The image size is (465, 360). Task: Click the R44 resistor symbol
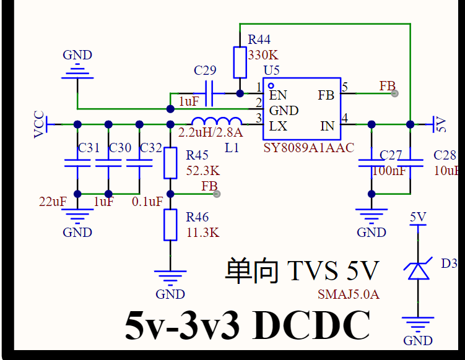coord(240,62)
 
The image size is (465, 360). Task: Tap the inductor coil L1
coord(217,121)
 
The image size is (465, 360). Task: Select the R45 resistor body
coord(170,163)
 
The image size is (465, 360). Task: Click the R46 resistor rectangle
coord(170,225)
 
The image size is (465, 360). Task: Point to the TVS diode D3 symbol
coord(418,269)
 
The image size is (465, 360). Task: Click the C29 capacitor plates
coord(209,93)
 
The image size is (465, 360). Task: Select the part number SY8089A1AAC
coord(309,148)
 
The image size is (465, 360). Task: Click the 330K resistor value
coord(263,55)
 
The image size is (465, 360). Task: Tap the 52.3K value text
coord(203,171)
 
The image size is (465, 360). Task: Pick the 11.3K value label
coord(203,233)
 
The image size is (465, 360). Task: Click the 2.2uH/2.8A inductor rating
coord(211,132)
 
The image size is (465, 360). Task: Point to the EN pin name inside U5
coord(278,95)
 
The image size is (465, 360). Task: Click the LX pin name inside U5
coord(278,126)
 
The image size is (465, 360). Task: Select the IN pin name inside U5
coord(328,126)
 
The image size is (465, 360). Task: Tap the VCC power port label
coord(39,124)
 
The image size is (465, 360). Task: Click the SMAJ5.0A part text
coord(349,294)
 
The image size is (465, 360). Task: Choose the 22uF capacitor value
coord(53,202)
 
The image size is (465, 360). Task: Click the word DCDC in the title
coord(311,325)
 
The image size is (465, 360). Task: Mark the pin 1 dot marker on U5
coord(271,86)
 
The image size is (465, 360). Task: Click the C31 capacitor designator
coord(89,148)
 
